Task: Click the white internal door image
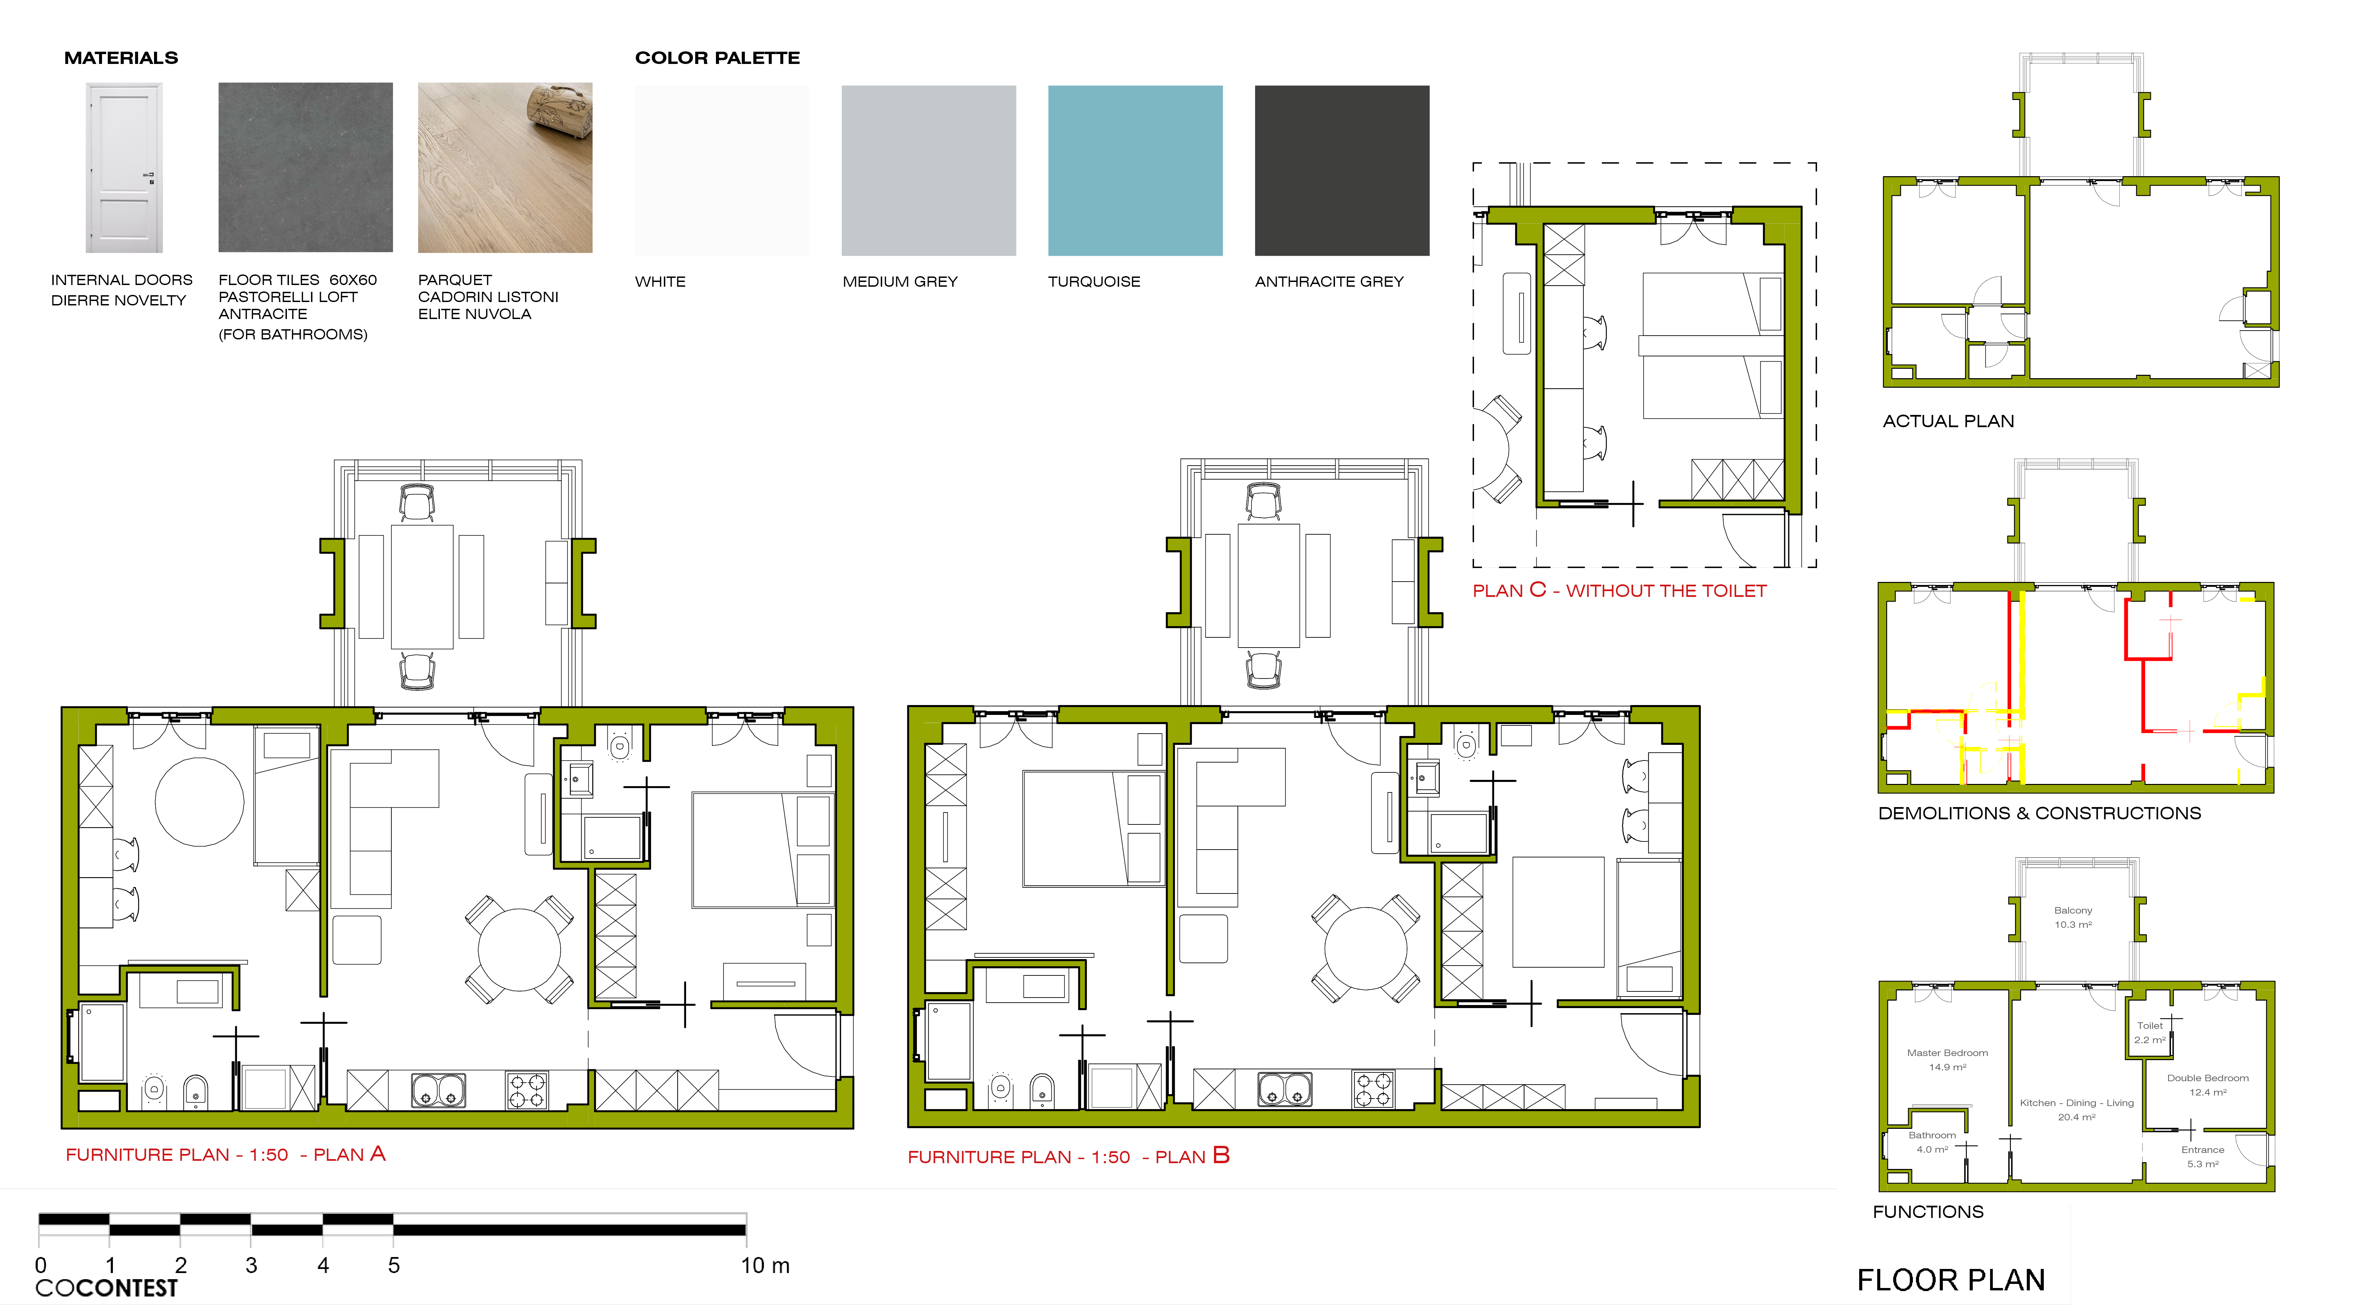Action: click(124, 167)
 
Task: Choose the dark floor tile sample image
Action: click(305, 167)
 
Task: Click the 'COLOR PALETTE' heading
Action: click(717, 57)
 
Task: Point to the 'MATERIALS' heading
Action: click(121, 57)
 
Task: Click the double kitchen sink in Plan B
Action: click(1284, 1090)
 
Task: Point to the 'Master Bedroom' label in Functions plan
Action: click(1947, 1053)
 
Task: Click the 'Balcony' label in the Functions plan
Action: click(2072, 910)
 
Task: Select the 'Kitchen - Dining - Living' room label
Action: click(2076, 1103)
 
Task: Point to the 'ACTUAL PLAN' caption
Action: click(1948, 420)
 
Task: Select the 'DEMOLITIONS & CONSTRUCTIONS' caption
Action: click(2039, 813)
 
